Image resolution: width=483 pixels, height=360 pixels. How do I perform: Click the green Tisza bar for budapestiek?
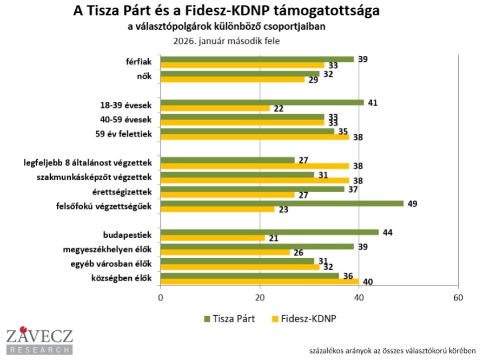point(269,232)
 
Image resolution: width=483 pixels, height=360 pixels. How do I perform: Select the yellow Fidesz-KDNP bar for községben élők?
point(260,282)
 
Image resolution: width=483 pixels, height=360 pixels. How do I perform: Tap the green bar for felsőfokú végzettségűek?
point(282,204)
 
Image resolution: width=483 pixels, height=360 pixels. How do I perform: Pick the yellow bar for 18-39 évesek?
point(215,108)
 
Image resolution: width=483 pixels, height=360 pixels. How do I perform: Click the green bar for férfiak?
point(257,59)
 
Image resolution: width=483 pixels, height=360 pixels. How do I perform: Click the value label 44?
point(388,232)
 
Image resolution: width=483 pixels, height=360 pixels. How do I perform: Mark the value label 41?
point(373,102)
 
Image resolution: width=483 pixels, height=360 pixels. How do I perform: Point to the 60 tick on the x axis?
point(458,298)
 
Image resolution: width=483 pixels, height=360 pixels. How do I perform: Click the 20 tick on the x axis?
point(260,298)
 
